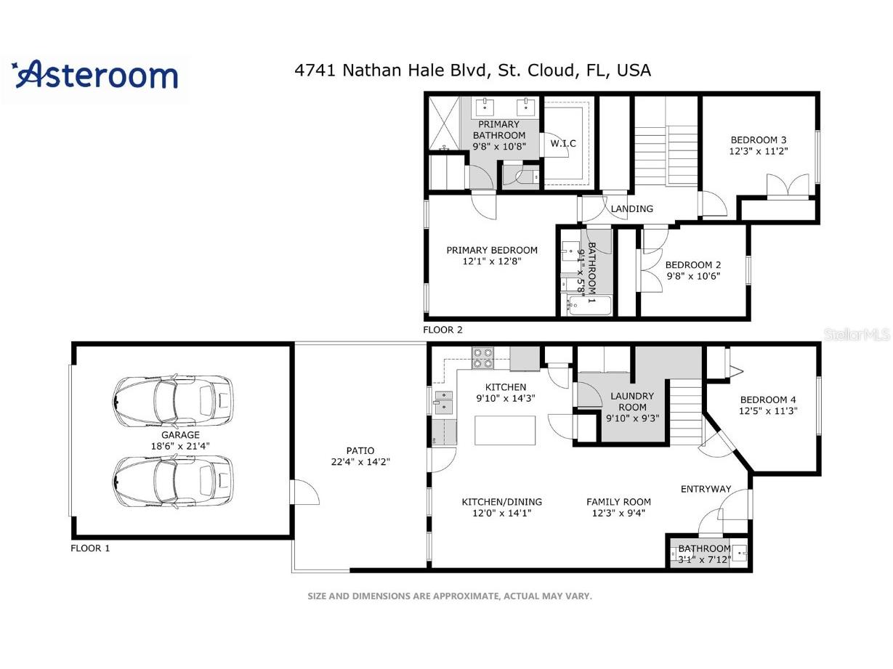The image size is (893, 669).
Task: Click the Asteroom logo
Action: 95,76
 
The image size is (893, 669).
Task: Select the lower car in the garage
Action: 173,480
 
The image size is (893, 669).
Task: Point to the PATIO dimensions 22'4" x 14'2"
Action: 360,462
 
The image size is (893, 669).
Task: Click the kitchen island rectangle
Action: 505,430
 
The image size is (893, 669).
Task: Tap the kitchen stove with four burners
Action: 483,358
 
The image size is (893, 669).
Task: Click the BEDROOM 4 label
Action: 768,400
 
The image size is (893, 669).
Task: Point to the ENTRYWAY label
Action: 706,489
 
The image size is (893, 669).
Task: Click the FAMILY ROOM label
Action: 618,501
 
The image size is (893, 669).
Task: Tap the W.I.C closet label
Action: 562,144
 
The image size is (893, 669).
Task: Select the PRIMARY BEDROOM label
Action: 492,251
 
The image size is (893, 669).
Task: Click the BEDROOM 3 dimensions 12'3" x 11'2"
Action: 759,152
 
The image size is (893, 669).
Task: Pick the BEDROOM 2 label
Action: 692,265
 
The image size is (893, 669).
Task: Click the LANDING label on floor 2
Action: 631,208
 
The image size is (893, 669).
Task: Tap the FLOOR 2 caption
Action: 443,329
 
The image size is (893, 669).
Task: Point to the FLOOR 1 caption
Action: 90,548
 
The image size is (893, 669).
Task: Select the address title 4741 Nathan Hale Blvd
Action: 472,70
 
